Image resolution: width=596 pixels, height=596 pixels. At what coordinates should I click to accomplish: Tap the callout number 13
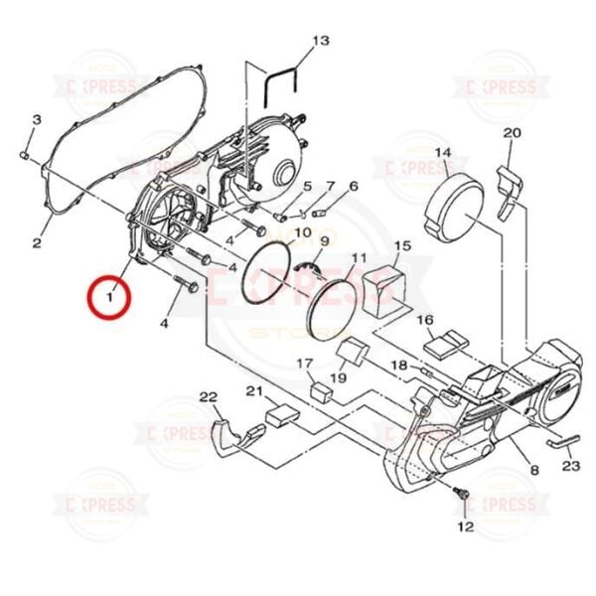[320, 41]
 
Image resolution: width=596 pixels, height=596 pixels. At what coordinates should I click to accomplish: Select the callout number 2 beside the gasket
[36, 242]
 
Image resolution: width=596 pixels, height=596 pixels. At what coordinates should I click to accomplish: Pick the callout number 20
[512, 133]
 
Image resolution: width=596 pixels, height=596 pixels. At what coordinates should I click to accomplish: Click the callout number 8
[533, 470]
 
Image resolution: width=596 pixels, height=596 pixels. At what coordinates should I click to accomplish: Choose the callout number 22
[208, 397]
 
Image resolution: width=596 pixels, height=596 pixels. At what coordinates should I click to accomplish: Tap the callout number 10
[274, 232]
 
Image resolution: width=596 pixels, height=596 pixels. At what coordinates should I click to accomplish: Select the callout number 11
[359, 257]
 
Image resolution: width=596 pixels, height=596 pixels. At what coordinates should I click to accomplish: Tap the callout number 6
[353, 186]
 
